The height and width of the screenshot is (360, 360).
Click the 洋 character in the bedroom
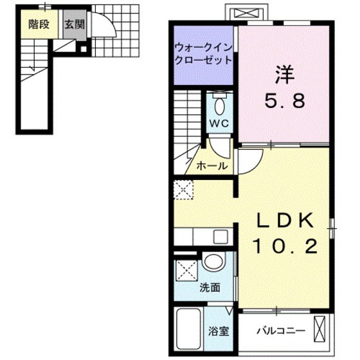click(x=285, y=75)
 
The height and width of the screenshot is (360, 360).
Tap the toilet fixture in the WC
click(x=220, y=104)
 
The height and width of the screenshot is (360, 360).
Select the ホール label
click(x=212, y=165)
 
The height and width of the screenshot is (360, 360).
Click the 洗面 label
click(x=210, y=287)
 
